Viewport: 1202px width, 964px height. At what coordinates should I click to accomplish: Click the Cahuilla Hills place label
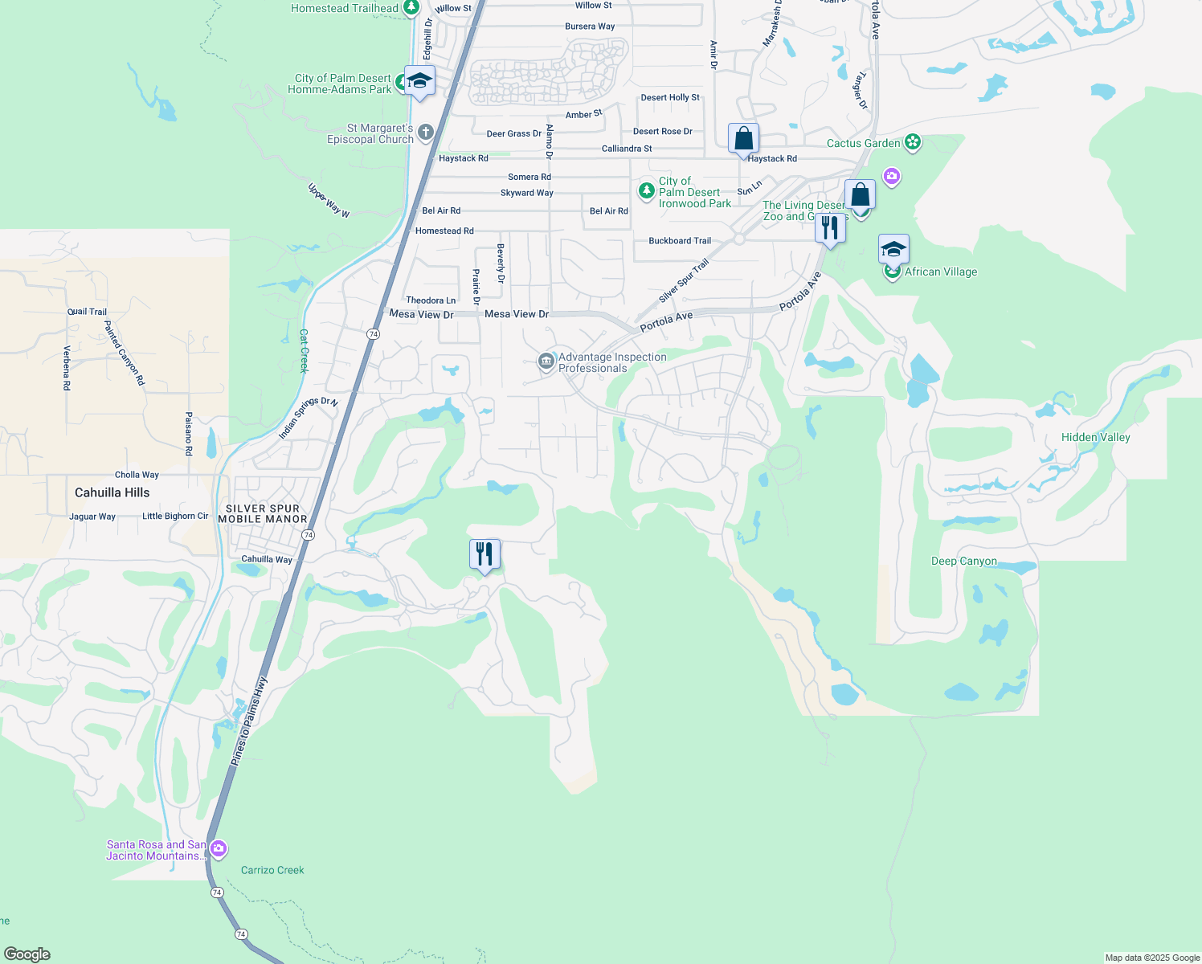112,492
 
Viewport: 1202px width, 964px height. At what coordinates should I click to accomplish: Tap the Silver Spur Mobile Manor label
263,513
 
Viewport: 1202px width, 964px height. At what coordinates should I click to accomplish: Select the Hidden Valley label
1095,437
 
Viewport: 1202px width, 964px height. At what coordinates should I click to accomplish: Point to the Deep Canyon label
963,561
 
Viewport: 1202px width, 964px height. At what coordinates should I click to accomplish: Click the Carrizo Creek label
272,870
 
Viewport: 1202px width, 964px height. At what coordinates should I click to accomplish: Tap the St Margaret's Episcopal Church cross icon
426,133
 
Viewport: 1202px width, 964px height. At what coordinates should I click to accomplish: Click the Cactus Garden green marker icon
912,143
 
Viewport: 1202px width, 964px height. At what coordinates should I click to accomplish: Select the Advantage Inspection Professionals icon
546,362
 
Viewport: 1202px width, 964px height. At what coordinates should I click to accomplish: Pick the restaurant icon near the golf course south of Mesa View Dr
484,554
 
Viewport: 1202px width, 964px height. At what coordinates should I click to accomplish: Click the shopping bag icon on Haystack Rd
743,138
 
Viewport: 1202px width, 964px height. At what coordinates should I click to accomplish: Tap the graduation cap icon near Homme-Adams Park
419,80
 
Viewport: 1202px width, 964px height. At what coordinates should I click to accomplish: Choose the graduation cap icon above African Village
893,249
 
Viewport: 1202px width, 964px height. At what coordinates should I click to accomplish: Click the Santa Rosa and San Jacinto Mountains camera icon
218,849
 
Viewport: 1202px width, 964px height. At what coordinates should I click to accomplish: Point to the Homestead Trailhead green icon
411,8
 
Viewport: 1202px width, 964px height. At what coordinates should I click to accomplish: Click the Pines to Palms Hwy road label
249,721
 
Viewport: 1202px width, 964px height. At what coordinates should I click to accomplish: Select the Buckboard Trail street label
680,240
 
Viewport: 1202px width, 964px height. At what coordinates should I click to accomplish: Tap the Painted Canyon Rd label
124,353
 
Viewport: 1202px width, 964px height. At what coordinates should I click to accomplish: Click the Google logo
27,954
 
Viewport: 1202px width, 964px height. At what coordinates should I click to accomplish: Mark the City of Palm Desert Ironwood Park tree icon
647,191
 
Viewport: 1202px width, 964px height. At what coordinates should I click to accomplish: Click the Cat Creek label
304,351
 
